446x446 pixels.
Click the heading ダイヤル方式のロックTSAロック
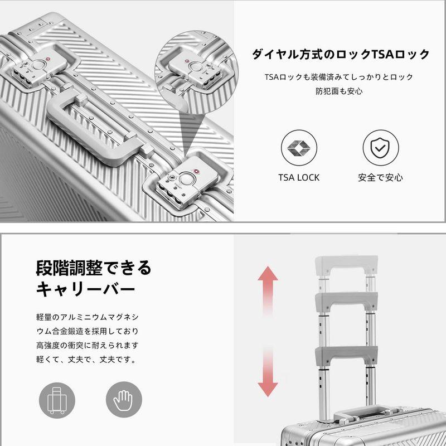click(x=341, y=54)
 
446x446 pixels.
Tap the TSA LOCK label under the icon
click(x=299, y=177)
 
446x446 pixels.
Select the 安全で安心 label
click(x=380, y=177)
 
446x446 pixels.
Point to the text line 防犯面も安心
click(x=339, y=91)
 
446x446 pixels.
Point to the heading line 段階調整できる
click(x=93, y=268)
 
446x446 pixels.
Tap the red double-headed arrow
click(x=268, y=330)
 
